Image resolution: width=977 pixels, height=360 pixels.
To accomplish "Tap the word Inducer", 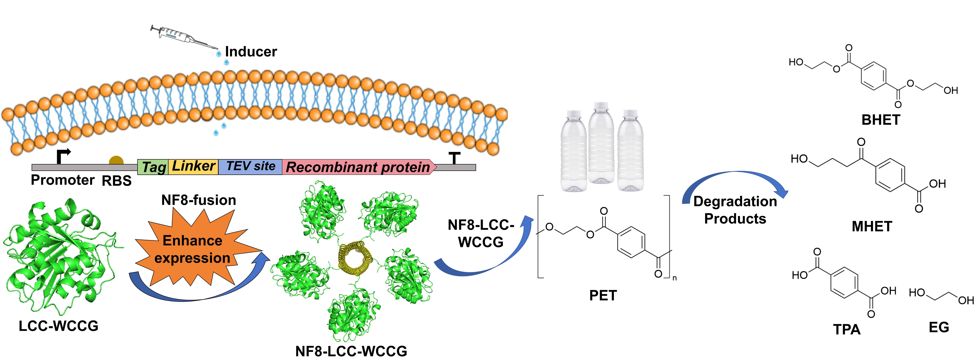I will pyautogui.click(x=251, y=52).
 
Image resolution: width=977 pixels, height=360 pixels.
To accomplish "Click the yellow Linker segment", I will pyautogui.click(x=193, y=166).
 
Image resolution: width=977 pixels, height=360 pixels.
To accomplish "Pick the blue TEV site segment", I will pyautogui.click(x=250, y=166).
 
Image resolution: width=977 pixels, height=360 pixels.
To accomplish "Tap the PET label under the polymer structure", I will pyautogui.click(x=603, y=295).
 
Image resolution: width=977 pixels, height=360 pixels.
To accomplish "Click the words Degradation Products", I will pyautogui.click(x=735, y=210).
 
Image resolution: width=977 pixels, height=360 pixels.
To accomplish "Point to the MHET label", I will pyautogui.click(x=872, y=227).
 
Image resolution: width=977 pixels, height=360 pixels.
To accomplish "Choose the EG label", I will pyautogui.click(x=939, y=327).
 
